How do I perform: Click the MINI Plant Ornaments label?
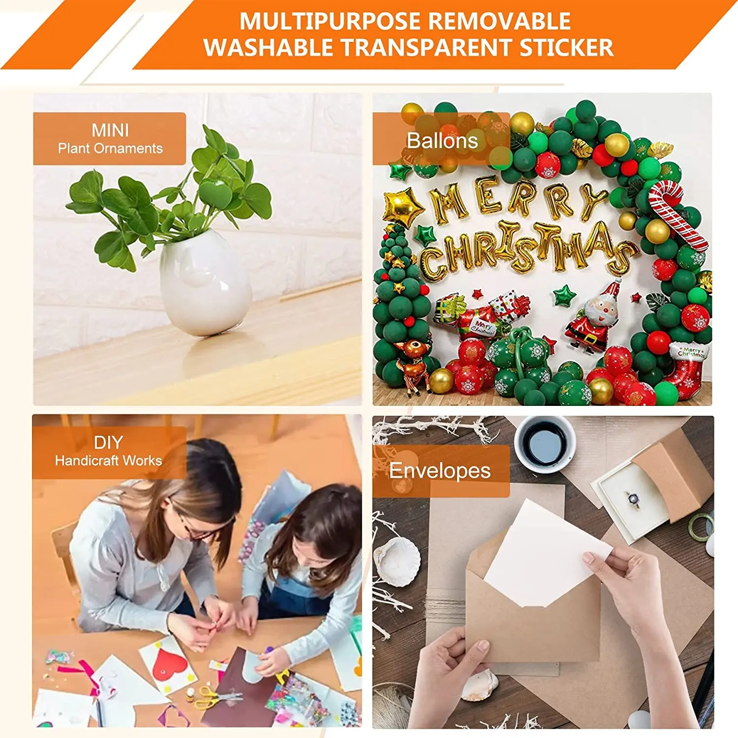pyautogui.click(x=110, y=139)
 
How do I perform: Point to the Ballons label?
pyautogui.click(x=441, y=141)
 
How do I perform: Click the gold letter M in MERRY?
pyautogui.click(x=448, y=202)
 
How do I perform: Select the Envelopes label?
pyautogui.click(x=440, y=471)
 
